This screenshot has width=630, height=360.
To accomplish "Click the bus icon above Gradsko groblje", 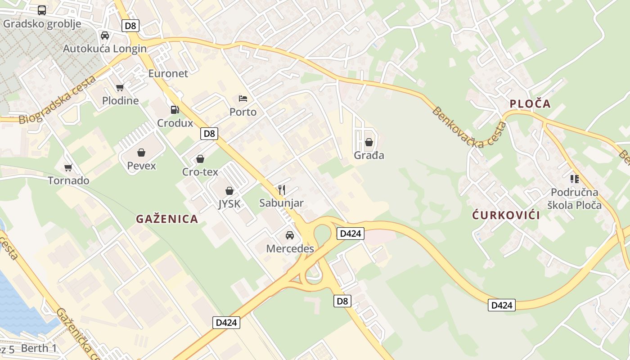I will (42, 10).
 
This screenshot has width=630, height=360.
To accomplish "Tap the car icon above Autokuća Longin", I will (104, 36).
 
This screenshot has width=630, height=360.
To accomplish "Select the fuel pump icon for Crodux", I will (175, 109).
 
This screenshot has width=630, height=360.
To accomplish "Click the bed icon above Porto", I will (243, 98).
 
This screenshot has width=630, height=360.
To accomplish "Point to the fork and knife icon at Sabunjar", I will (282, 189).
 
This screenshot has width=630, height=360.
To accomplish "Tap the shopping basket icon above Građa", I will (369, 142).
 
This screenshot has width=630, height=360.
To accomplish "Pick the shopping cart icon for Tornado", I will (68, 167).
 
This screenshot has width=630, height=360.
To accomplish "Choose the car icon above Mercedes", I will (290, 235).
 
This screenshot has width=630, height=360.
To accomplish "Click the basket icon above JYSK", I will (229, 191).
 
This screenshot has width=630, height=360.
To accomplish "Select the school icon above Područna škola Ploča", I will (574, 179).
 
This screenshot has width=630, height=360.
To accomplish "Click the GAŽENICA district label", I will (167, 219).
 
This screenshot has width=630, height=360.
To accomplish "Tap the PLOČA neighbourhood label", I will (530, 104).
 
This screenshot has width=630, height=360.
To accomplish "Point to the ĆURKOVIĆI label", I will (506, 215).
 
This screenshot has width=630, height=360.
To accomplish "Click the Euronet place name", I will (168, 73).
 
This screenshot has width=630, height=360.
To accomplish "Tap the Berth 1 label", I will (39, 348).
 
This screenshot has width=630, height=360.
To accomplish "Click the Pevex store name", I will (141, 166).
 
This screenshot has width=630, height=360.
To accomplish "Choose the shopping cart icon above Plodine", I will (120, 88).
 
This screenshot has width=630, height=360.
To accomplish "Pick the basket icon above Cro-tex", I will (200, 159).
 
